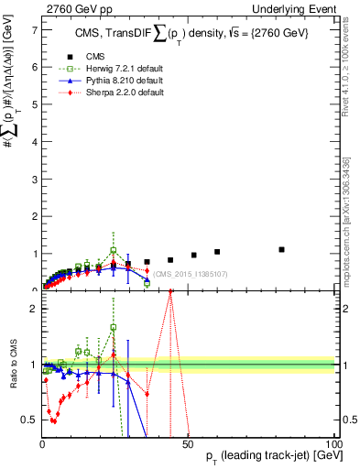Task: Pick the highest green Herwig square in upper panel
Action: (x=114, y=250)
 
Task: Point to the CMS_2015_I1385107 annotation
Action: (x=191, y=274)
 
